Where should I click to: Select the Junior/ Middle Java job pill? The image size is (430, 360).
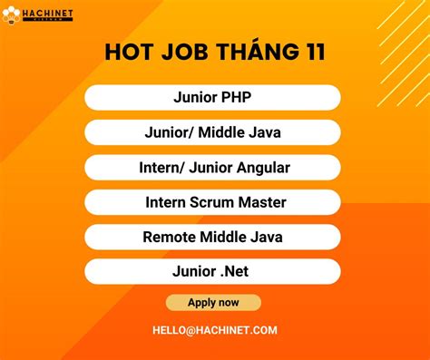tap(213, 132)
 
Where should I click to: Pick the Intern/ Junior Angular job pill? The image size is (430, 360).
tap(213, 168)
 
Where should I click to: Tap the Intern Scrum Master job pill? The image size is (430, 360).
tap(213, 202)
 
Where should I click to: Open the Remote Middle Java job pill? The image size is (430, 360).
tap(213, 237)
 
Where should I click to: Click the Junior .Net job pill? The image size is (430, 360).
tap(213, 271)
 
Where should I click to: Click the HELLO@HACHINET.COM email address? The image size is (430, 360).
tap(214, 331)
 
